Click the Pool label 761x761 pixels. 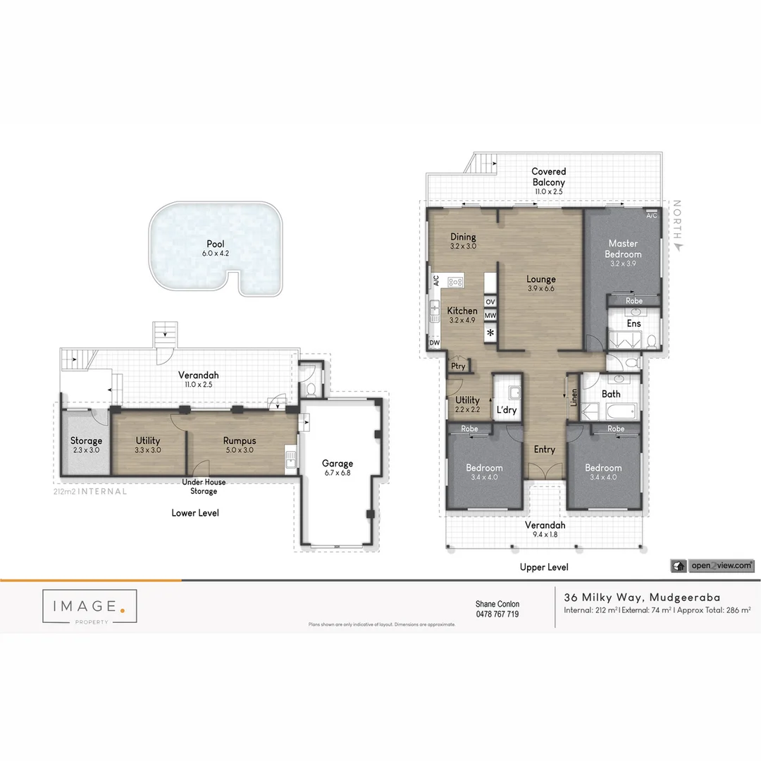tap(215, 244)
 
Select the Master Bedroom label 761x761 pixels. tap(623, 249)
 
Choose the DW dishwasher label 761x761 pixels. tap(434, 343)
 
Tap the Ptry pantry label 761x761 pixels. tap(458, 366)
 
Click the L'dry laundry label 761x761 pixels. tap(507, 409)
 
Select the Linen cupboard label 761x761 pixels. tap(574, 398)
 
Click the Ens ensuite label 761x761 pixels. tap(633, 323)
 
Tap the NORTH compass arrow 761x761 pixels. tap(678, 247)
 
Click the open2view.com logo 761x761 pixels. tap(712, 565)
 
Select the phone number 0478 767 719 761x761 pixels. tap(497, 614)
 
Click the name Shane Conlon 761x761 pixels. tap(497, 604)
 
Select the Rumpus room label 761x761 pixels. tap(239, 440)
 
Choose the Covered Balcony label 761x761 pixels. tap(548, 176)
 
